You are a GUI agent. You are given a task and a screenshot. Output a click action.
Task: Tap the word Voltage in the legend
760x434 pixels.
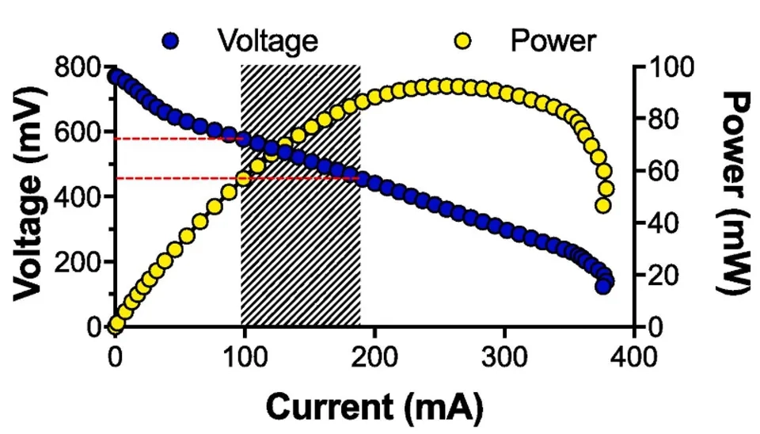coord(268,40)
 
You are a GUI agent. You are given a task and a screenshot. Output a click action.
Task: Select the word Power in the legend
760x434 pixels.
coord(553,40)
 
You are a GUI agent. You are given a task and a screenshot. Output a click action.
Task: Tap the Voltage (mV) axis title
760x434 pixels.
coord(29,197)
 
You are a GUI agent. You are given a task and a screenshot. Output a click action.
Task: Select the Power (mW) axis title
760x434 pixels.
coord(735,192)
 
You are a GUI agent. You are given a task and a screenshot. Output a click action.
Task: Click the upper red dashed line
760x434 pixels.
coord(174,139)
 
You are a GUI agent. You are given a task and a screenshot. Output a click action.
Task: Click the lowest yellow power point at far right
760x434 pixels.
coord(603,206)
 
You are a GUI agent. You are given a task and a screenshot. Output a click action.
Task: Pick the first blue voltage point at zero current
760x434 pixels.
coord(116,77)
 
